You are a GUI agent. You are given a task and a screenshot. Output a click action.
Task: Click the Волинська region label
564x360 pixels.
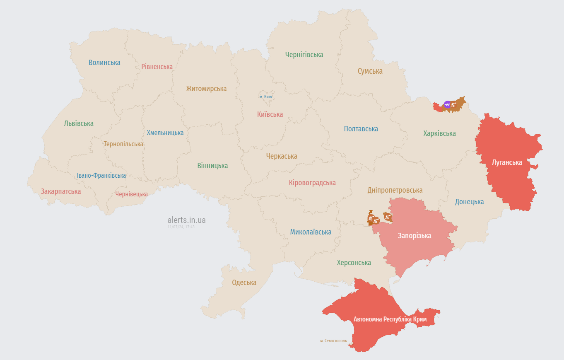104,63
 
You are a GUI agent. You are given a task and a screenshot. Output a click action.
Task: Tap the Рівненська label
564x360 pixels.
157,67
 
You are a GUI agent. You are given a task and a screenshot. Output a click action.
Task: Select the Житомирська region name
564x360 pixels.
206,89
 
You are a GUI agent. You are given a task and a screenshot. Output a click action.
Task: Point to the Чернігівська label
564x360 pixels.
304,55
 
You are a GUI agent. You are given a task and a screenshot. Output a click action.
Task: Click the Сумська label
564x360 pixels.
370,71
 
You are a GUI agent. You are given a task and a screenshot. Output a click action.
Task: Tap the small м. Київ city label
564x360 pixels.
265,97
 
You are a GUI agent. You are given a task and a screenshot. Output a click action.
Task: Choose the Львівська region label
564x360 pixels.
79,123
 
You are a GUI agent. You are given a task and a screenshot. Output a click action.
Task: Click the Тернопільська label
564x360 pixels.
123,144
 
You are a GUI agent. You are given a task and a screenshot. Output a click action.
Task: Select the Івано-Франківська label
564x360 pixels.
101,176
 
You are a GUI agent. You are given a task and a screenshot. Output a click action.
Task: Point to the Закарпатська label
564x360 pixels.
60,191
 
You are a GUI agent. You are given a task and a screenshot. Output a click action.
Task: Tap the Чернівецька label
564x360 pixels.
131,194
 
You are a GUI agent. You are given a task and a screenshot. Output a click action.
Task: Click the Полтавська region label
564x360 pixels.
361,129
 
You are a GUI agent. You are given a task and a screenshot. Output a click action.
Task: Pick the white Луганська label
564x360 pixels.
506,162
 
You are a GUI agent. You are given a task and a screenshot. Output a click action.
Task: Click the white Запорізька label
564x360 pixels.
414,236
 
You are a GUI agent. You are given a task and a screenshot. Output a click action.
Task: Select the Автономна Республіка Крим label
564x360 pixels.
390,319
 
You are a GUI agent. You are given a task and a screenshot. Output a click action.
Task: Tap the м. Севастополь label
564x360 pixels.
333,341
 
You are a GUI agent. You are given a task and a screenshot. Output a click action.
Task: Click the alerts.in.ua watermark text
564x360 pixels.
186,220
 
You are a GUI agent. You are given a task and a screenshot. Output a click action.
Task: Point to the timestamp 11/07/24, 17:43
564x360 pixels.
181,227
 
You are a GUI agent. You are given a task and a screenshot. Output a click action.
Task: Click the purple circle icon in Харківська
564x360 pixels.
447,104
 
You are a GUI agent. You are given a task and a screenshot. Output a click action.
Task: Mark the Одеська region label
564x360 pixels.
244,283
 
